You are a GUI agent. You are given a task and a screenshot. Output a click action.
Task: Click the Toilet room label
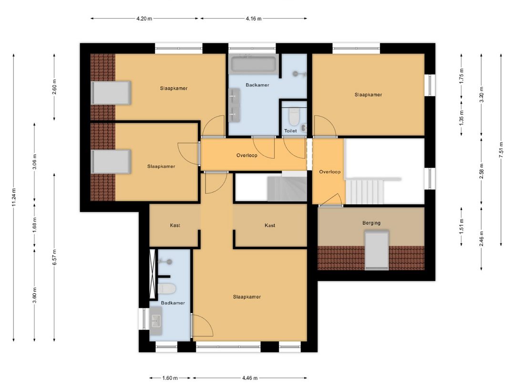click(290, 130)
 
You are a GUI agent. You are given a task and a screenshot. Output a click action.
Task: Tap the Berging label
click(371, 223)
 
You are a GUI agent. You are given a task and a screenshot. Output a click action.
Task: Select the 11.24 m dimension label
click(14, 197)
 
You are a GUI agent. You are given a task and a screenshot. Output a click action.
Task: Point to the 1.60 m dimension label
click(170, 378)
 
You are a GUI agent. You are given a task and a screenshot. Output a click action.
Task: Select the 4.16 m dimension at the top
click(253, 19)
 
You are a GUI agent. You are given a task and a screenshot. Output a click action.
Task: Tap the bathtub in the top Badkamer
click(253, 64)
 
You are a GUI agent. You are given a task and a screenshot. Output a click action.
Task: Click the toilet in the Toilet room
click(294, 115)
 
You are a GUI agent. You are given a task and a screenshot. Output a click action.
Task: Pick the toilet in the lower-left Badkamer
click(167, 289)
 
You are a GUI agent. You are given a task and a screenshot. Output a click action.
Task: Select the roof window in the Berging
click(376, 249)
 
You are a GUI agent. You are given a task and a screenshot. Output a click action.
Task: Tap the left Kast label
click(175, 225)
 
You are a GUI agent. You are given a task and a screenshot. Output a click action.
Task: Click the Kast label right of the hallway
click(270, 225)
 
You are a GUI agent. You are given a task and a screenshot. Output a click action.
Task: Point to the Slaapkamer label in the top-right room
click(368, 94)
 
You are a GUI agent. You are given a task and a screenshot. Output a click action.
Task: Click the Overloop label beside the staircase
click(330, 172)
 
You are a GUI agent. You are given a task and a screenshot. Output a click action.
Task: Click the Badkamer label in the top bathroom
click(257, 85)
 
